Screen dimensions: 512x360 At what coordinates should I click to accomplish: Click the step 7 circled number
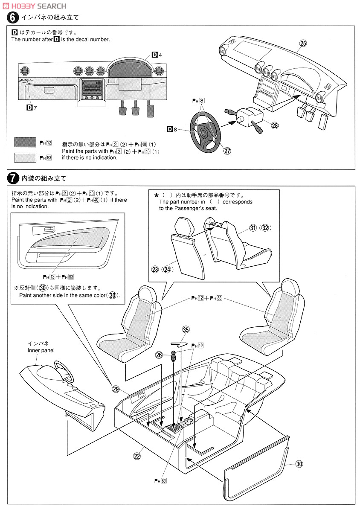point(13,177)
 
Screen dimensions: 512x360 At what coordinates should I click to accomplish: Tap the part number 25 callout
point(303,43)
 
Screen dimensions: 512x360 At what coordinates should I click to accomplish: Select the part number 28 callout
point(274,125)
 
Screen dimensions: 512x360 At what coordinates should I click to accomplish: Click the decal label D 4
point(157,55)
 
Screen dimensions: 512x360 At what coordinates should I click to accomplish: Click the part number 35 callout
point(186,329)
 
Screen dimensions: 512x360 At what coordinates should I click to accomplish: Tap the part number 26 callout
point(159,355)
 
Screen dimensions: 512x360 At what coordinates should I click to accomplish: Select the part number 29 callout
point(115,389)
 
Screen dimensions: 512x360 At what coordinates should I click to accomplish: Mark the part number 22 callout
point(137,456)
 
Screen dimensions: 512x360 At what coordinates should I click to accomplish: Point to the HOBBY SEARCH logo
point(35,6)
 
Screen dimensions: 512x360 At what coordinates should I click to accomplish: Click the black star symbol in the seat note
point(156,195)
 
